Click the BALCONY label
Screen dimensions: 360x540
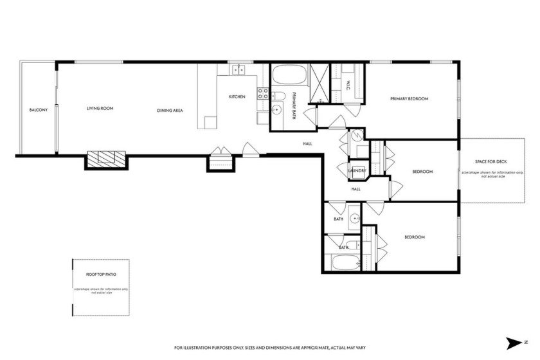click(39, 110)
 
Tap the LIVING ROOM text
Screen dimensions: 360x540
click(100, 109)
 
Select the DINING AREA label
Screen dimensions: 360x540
click(170, 111)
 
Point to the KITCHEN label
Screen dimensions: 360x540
click(237, 97)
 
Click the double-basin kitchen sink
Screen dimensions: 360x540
click(239, 69)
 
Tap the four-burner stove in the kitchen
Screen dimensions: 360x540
click(262, 95)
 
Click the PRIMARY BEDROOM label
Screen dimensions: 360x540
click(409, 99)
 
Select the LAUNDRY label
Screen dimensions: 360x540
click(357, 170)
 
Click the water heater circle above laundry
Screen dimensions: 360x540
click(355, 136)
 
